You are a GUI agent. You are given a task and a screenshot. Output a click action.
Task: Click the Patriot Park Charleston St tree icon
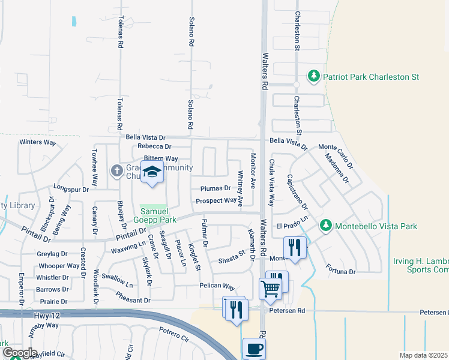coord(313,76)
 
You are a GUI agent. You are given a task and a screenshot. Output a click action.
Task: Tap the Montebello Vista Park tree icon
coord(326,226)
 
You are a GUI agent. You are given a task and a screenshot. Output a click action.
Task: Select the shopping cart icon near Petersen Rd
coord(270,289)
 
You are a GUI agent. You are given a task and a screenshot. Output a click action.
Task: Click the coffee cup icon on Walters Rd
coord(253,348)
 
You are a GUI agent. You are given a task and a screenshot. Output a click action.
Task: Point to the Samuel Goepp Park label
coord(158,215)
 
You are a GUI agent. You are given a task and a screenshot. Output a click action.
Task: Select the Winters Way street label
coord(37,142)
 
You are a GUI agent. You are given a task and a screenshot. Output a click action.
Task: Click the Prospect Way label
coord(216,201)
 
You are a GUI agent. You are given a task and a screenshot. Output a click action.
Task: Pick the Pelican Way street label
coord(218,289)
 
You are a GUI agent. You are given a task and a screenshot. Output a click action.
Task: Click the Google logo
coord(19,353)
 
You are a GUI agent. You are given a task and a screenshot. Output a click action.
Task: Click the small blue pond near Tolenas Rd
coord(74,22)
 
